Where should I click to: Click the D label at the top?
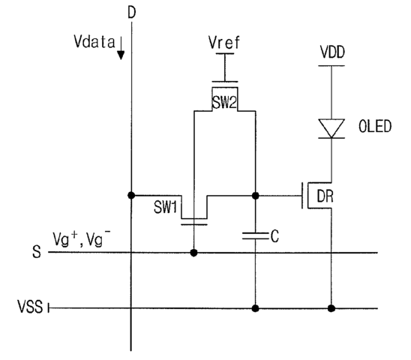tap(132, 12)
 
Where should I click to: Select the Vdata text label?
tap(94, 42)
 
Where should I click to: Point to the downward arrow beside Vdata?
tap(121, 48)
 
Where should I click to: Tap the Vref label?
tap(224, 43)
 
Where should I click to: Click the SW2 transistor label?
tap(225, 103)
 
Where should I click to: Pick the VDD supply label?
tap(332, 52)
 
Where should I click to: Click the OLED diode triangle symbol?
tap(331, 128)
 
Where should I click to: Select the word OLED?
tap(375, 127)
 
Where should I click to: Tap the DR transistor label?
tap(325, 196)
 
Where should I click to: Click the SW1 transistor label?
tap(166, 207)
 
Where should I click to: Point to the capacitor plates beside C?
tap(255, 235)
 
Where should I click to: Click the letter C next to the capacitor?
tap(274, 236)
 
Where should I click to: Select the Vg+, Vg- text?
tap(82, 238)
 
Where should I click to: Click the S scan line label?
tap(37, 252)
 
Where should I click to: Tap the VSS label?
tap(30, 306)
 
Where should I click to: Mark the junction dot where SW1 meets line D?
tap(131, 195)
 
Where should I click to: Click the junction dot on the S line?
tap(193, 253)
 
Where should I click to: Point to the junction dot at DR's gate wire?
tap(255, 196)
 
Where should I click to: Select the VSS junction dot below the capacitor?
tap(255, 308)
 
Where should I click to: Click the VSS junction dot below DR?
tap(331, 308)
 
